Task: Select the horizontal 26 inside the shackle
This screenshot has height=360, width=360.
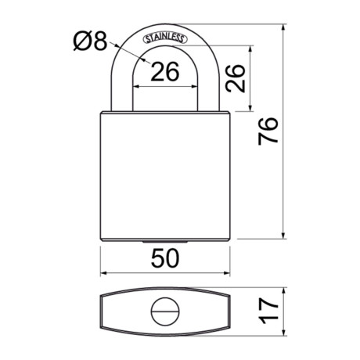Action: (164, 72)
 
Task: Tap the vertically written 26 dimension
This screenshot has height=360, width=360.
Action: (240, 77)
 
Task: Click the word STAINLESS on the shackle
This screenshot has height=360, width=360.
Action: (165, 36)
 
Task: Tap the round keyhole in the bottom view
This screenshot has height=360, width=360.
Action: (165, 313)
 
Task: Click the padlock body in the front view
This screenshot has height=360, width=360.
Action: (165, 176)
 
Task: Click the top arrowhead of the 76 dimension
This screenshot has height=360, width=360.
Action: (283, 27)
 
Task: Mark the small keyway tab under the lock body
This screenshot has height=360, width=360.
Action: (165, 243)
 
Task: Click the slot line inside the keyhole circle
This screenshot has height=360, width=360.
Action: (165, 313)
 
